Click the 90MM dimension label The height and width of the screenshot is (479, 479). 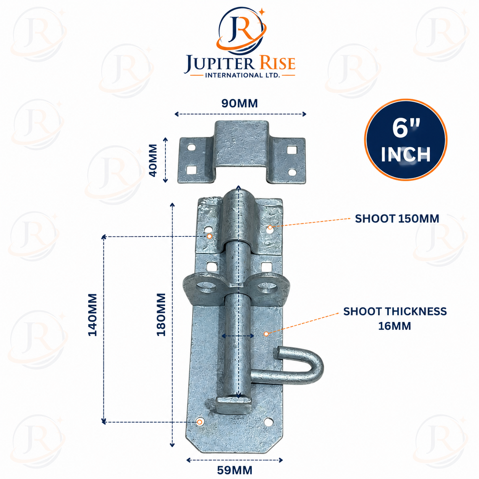click(239, 104)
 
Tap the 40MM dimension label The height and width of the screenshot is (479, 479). click(153, 160)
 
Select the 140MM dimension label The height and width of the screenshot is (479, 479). click(92, 315)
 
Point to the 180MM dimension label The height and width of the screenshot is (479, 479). click(161, 314)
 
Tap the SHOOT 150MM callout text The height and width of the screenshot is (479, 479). click(397, 219)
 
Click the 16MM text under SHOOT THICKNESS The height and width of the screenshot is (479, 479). click(395, 326)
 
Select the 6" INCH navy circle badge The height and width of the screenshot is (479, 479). click(406, 140)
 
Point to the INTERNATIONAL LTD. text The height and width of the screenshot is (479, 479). click(242, 75)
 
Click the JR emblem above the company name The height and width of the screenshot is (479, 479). click(241, 30)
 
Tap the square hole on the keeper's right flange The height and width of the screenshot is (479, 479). click(291, 150)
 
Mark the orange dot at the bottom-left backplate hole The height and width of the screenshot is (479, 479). click(199, 422)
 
